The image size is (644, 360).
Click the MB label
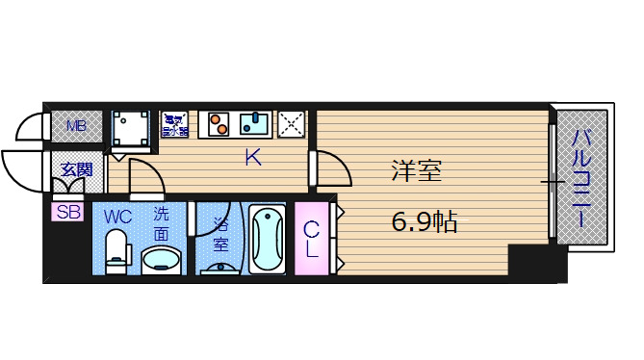tap(76, 124)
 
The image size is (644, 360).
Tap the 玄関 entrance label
tap(77, 169)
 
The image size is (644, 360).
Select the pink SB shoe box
tap(68, 212)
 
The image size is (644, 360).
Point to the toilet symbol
tap(117, 250)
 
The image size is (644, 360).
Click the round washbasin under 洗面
tap(160, 258)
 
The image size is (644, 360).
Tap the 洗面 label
tap(161, 223)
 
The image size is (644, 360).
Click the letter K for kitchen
tap(252, 158)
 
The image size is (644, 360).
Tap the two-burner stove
tap(220, 124)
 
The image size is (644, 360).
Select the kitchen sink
tap(256, 124)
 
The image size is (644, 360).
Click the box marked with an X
tap(291, 123)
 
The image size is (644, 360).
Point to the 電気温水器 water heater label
tap(174, 124)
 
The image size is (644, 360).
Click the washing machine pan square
tap(131, 126)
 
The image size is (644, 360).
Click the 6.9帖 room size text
tap(423, 222)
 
